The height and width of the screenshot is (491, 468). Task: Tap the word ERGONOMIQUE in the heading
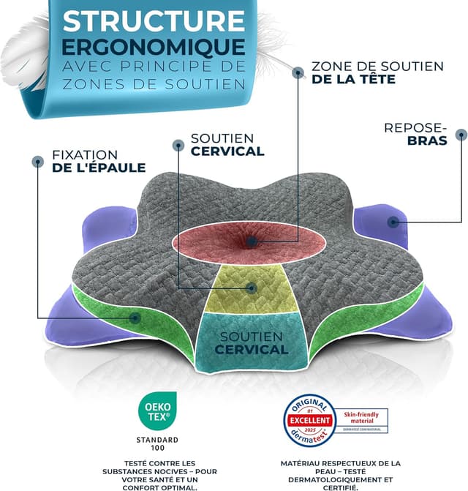point(154,45)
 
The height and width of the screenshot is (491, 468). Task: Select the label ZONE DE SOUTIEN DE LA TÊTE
point(377,72)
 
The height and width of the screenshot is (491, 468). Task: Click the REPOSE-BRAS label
point(415,133)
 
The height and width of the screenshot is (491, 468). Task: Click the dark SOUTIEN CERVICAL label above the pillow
point(227,145)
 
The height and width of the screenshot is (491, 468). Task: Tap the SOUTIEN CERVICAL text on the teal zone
point(251,343)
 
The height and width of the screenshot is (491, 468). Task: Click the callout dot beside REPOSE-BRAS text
point(461,134)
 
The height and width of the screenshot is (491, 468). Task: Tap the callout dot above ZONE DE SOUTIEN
point(298,72)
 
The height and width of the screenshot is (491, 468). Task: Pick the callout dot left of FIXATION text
point(37,160)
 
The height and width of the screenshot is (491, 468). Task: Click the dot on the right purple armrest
point(394,221)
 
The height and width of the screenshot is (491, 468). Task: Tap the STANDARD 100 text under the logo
point(154,443)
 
